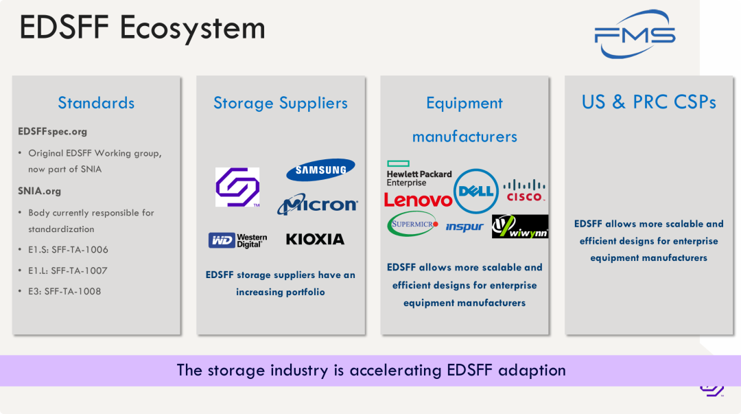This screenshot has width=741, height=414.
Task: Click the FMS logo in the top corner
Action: point(635,34)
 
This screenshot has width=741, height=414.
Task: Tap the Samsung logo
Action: point(320,170)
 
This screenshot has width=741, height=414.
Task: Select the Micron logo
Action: point(318,205)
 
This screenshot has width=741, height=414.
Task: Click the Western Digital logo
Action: point(237,240)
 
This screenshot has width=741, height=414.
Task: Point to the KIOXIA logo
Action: point(315,240)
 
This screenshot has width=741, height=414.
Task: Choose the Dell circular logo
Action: point(476,191)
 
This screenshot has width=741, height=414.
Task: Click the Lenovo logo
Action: point(418,200)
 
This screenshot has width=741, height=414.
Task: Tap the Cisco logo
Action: point(525,191)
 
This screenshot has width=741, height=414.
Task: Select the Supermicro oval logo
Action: point(412,224)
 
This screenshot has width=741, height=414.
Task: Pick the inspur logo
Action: point(464,227)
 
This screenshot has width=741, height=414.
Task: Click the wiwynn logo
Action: point(520,227)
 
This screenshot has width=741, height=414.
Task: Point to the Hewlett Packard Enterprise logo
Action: point(419,174)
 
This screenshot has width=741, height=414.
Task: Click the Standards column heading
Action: point(96,103)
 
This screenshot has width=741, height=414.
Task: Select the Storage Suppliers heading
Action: point(280,103)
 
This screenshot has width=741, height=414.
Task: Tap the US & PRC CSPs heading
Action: point(648,102)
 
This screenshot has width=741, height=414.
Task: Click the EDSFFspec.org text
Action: point(53,131)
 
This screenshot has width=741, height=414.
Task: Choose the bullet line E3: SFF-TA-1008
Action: point(64,291)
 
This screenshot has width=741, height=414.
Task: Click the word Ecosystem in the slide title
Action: point(192,29)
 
